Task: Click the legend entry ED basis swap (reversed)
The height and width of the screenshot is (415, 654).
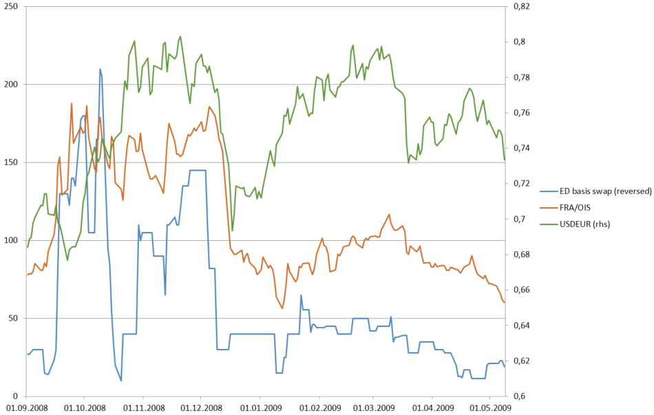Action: click(x=598, y=191)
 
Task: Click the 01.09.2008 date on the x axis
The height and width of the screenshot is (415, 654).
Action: click(x=26, y=407)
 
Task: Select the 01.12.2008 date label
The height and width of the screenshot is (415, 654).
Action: click(x=201, y=407)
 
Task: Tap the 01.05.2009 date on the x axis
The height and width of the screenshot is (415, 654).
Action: click(x=490, y=407)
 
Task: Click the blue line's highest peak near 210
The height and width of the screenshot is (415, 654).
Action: click(x=100, y=69)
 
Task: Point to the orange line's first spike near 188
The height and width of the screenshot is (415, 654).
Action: click(x=72, y=104)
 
